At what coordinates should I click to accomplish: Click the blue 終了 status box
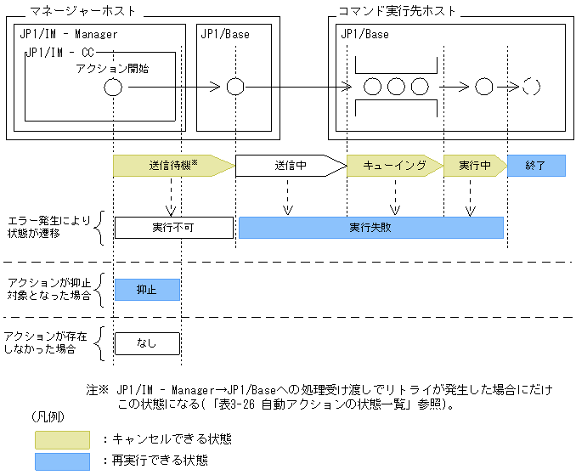coord(536,165)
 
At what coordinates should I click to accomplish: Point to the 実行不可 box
coord(173,228)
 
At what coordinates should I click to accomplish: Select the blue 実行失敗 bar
coord(370,228)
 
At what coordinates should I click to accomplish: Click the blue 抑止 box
coord(147,290)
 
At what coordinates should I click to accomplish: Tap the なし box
coord(147,343)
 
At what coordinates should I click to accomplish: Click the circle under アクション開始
coord(113,88)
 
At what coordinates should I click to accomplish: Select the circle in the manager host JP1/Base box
coord(235,88)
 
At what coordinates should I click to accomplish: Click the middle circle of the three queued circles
coord(396,87)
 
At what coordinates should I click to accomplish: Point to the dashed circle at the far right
coord(532,87)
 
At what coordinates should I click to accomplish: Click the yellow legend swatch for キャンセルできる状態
coord(62,439)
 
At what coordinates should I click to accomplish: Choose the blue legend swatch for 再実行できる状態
coord(62,461)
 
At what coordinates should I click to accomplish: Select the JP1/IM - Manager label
coord(69,35)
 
